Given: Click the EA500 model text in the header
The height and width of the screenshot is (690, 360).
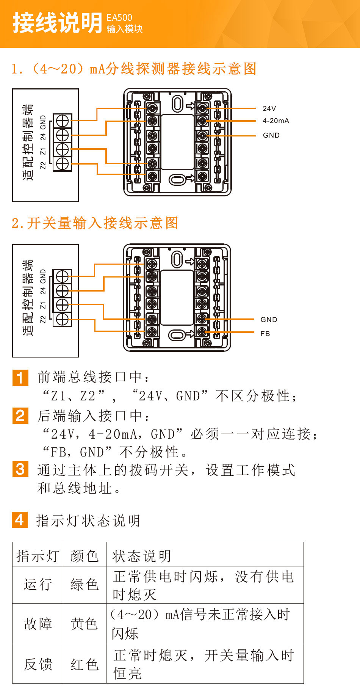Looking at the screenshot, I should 119,17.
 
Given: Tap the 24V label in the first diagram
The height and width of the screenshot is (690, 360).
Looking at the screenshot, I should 269,108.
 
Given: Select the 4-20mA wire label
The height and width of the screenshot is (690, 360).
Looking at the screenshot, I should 275,121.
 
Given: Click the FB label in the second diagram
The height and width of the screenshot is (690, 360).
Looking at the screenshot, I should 265,334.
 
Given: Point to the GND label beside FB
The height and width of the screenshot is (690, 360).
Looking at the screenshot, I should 269,320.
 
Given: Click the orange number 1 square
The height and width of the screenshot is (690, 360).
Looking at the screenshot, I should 20,378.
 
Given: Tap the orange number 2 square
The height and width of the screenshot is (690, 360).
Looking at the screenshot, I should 20,416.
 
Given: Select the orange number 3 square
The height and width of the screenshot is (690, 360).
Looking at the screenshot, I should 20,469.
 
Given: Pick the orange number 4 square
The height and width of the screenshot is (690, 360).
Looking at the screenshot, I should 20,519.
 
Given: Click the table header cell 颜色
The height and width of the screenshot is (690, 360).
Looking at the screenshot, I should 84,556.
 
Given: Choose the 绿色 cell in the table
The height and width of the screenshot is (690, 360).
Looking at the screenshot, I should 84,584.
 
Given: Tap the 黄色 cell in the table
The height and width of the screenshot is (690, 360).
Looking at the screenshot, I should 84,624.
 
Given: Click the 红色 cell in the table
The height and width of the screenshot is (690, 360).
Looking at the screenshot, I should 84,664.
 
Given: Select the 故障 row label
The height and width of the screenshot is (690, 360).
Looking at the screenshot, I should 38,624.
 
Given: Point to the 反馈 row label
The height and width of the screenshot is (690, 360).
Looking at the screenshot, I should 38,664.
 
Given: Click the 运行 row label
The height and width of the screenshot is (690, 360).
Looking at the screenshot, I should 38,584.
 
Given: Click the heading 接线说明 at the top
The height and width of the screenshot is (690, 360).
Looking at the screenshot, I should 57,23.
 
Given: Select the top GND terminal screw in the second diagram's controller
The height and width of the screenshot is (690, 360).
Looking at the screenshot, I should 62,276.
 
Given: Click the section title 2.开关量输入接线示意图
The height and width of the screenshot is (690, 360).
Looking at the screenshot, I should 95,223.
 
